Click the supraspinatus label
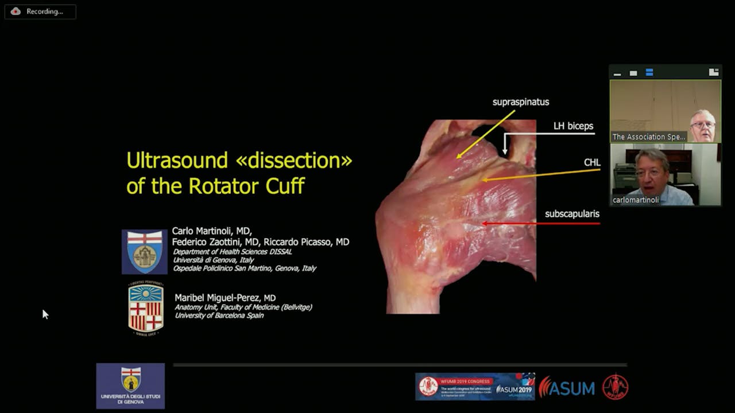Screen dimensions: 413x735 pos(520,102)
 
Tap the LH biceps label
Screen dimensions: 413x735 pos(573,126)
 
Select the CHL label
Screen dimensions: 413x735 pos(591,163)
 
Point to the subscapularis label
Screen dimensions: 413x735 pos(572,214)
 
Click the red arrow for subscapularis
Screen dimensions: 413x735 pos(540,223)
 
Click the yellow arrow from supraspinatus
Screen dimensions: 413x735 pos(485,134)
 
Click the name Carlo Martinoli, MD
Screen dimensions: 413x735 pos(211,231)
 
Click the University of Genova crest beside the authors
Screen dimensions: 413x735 pos(144,252)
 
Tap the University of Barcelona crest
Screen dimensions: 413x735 pos(146,308)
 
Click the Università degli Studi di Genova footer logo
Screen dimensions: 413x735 pos(130,385)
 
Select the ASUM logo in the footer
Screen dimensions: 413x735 pos(567,388)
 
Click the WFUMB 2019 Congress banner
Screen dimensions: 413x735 pos(475,387)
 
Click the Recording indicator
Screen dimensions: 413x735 pos(40,11)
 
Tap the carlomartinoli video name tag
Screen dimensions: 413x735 pos(635,200)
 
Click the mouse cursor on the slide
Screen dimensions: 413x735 pos(45,313)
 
